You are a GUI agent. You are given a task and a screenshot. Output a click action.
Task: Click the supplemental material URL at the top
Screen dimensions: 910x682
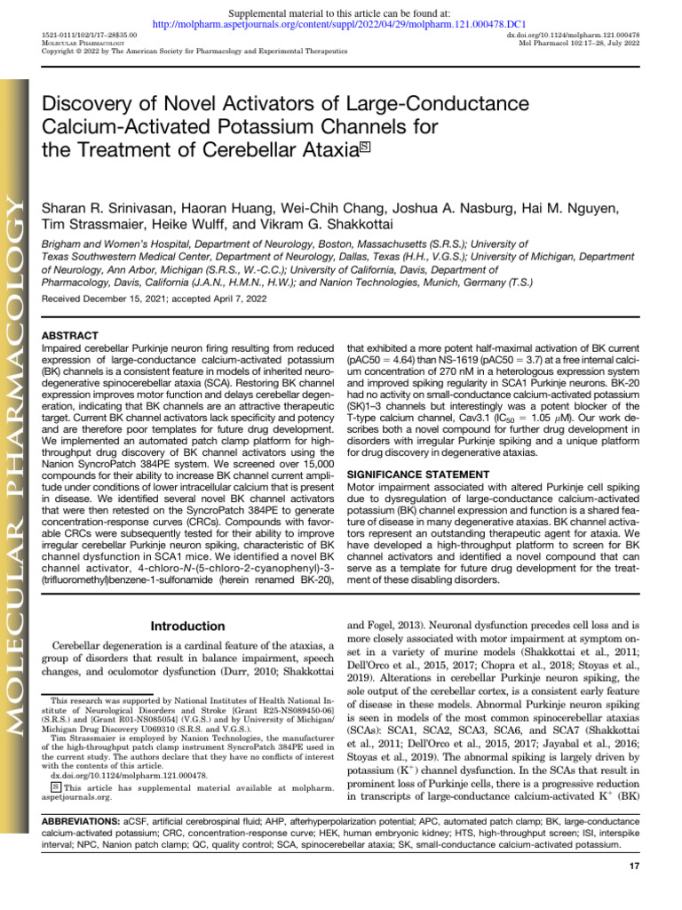(x=341, y=24)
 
